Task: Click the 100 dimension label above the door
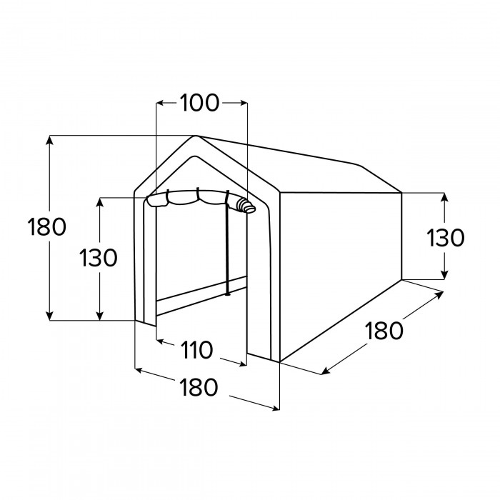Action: tap(199, 103)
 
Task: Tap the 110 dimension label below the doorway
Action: tap(196, 350)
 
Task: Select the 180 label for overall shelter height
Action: tap(47, 226)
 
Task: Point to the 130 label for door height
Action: tap(99, 258)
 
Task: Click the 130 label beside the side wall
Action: tap(446, 238)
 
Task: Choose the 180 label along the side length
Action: tap(384, 331)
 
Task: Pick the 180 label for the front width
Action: tap(199, 387)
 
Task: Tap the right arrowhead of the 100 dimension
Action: tap(244, 103)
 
